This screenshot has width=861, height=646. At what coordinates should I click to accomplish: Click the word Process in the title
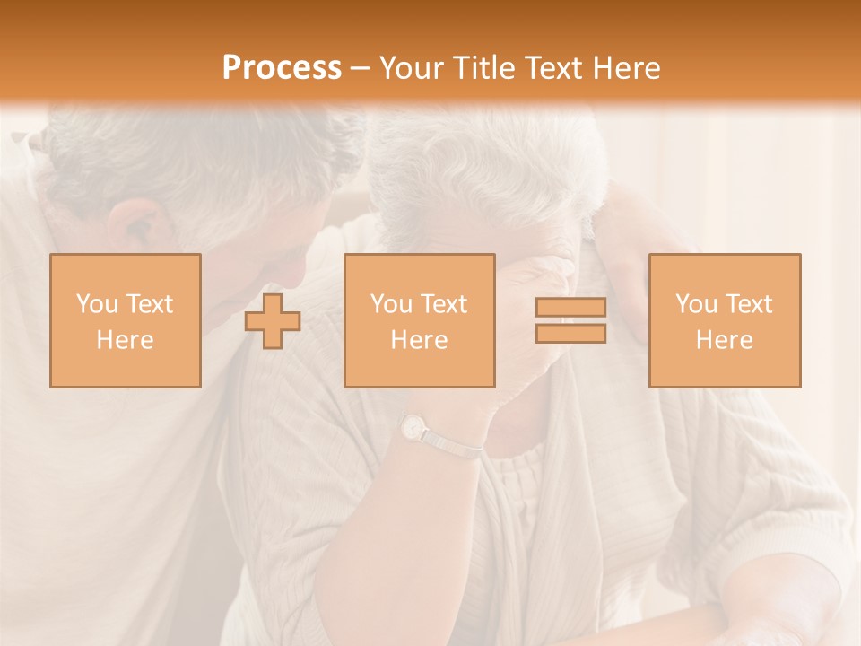(282, 68)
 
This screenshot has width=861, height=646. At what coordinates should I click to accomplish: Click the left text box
(126, 320)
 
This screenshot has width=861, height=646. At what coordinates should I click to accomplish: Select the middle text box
(419, 320)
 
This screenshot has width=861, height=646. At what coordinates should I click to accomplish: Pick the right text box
(725, 320)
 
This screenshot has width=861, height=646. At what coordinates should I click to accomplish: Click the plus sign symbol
(273, 320)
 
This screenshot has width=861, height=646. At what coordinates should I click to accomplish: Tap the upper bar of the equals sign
(570, 307)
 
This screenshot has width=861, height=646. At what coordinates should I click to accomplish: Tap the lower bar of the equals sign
(570, 333)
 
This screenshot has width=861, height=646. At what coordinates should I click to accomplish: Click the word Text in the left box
(148, 304)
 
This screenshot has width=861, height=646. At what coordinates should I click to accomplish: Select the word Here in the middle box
(419, 340)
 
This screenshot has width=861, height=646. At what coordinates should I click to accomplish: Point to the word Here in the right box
(725, 340)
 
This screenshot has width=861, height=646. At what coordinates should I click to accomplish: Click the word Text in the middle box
(443, 304)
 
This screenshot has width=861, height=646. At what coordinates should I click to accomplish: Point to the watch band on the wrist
(453, 445)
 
